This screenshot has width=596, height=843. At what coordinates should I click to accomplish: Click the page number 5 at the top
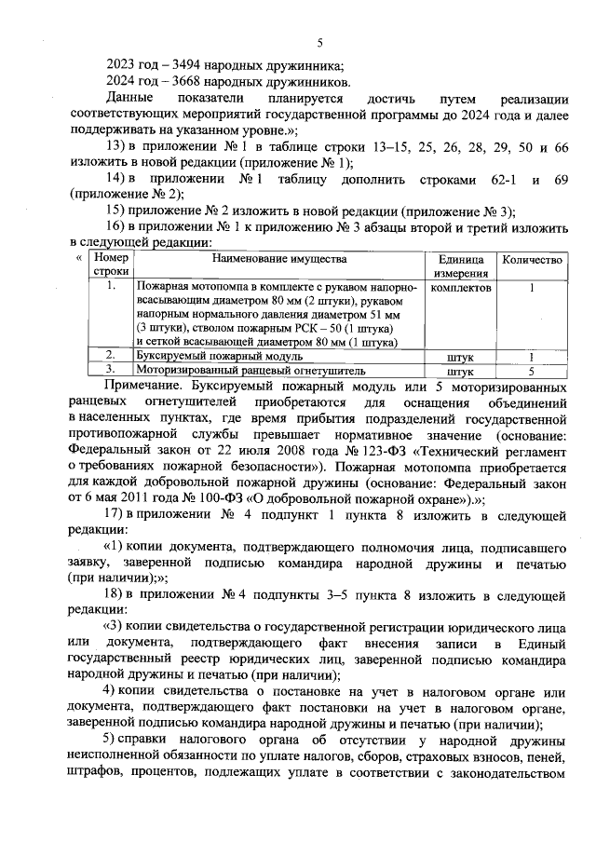point(318,42)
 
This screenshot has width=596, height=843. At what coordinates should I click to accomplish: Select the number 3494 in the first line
point(171,64)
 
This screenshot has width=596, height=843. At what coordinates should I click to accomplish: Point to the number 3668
point(171,81)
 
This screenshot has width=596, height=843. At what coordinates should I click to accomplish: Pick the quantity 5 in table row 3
point(532,370)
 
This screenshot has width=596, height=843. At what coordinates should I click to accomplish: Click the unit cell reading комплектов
point(460,288)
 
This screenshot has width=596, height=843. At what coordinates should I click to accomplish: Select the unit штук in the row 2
point(460,356)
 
